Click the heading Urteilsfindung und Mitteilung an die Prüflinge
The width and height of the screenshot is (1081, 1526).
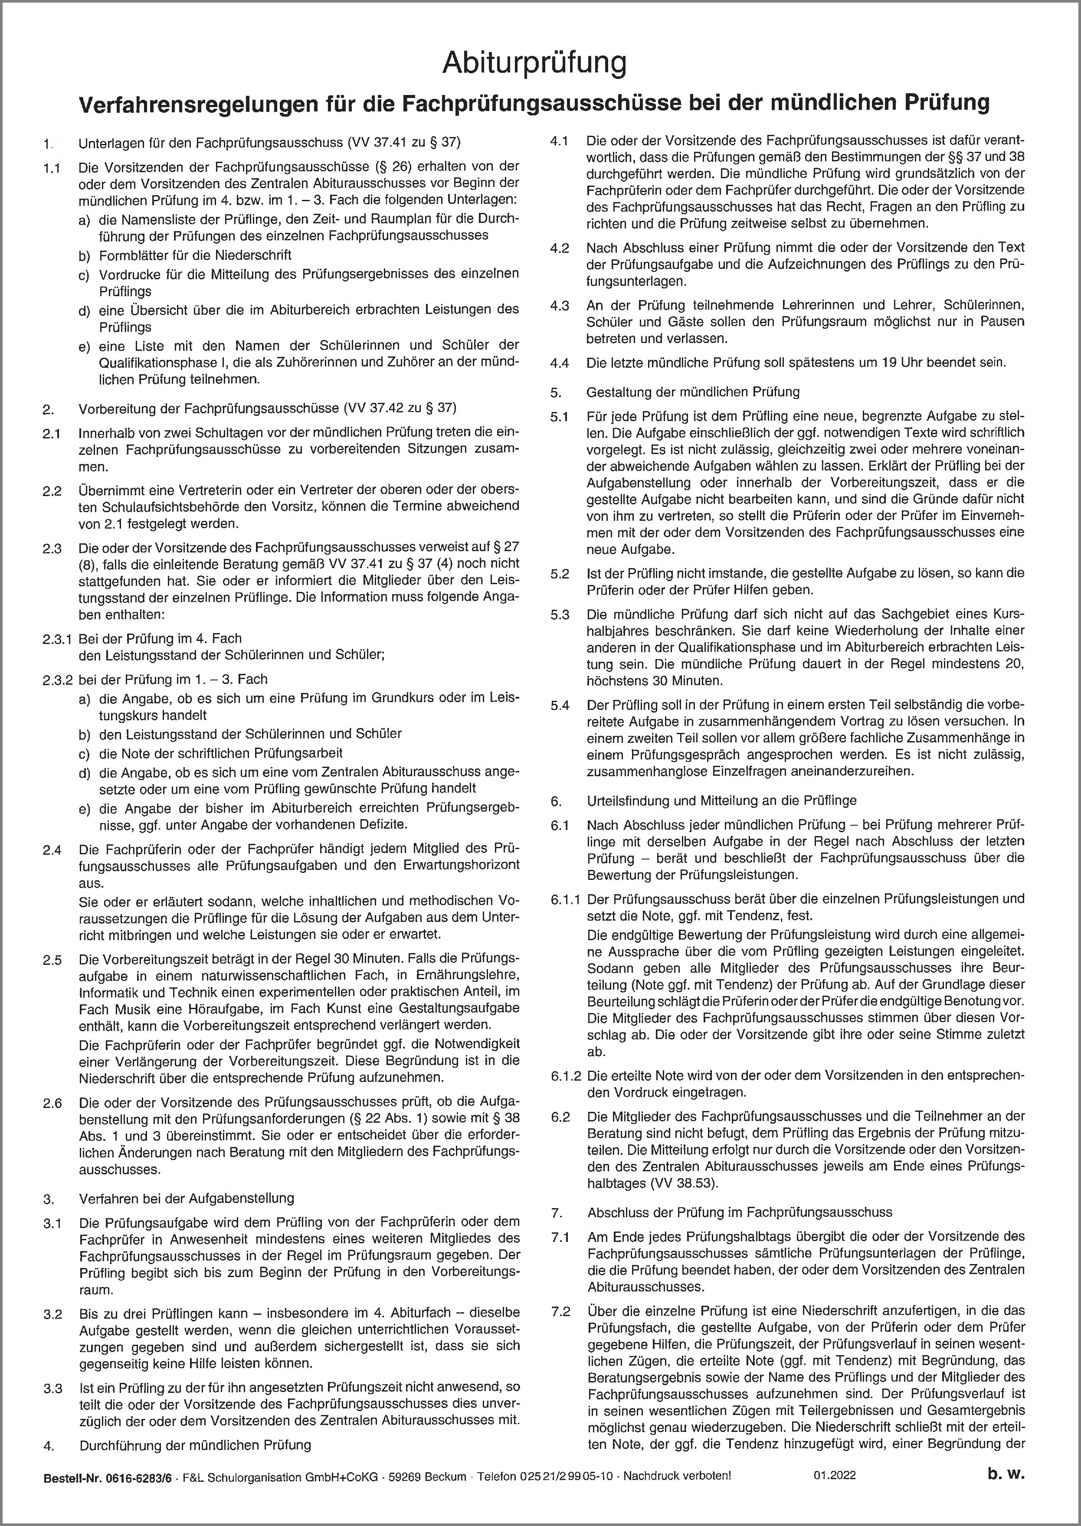point(721,801)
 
